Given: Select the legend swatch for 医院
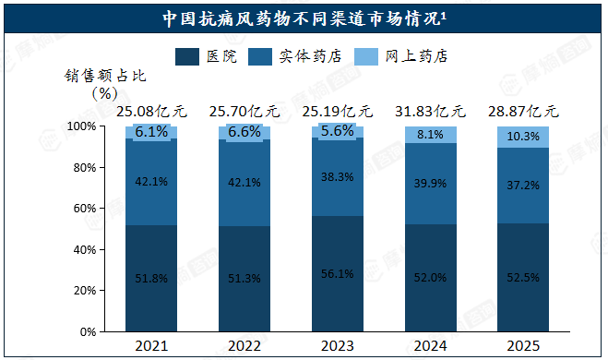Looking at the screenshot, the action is click(187, 56).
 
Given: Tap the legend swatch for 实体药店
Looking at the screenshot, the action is click(260, 56).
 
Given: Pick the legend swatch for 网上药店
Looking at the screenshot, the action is click(366, 56).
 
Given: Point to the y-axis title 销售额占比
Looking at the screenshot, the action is click(105, 76).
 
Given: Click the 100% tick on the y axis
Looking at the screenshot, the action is click(81, 126).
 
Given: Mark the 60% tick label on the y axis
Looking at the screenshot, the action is click(85, 209).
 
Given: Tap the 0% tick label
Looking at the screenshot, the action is click(88, 332).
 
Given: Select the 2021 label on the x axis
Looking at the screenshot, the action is click(151, 345).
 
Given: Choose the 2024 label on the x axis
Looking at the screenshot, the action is click(430, 345).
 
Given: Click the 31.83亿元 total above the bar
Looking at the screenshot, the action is click(430, 112).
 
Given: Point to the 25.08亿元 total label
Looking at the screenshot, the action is click(151, 112).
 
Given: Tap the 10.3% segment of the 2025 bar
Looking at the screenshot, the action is click(523, 137).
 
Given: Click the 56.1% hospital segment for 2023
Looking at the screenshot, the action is click(338, 273).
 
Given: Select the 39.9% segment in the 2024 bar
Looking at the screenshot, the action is click(431, 184).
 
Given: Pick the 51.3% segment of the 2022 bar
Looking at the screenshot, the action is click(244, 279).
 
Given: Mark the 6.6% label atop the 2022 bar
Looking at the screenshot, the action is click(244, 132).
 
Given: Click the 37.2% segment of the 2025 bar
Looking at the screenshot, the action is click(523, 186).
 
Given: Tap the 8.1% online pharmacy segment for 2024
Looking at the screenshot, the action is click(431, 135).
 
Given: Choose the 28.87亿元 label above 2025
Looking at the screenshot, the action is click(523, 112).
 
